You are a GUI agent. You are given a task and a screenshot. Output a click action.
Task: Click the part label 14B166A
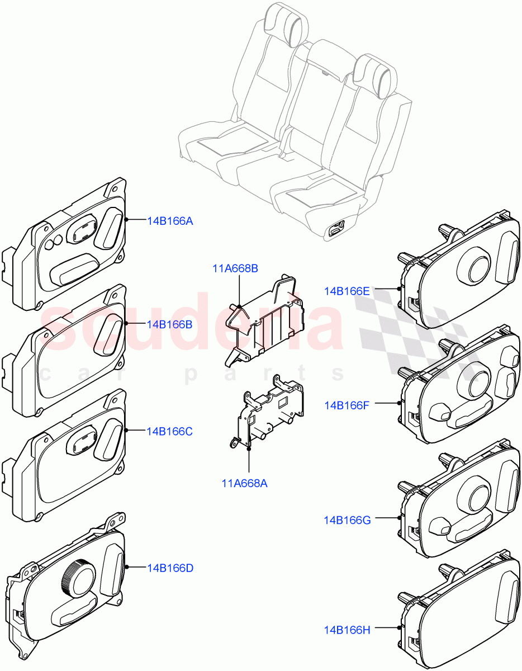point(170,221)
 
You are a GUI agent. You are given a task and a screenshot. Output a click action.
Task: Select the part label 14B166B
point(170,324)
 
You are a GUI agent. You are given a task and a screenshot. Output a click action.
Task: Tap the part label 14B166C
point(170,431)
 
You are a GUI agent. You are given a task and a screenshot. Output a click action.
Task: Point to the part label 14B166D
point(170,568)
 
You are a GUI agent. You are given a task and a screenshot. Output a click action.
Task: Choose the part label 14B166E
point(347,291)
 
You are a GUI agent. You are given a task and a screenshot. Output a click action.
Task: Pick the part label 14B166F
point(347,405)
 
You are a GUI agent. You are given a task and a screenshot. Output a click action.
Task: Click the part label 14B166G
point(347,520)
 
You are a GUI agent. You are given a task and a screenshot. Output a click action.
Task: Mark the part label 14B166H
point(347,630)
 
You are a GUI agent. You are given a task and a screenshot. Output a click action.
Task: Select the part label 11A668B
point(235,268)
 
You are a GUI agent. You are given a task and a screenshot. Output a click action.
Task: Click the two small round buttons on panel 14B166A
point(53,243)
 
